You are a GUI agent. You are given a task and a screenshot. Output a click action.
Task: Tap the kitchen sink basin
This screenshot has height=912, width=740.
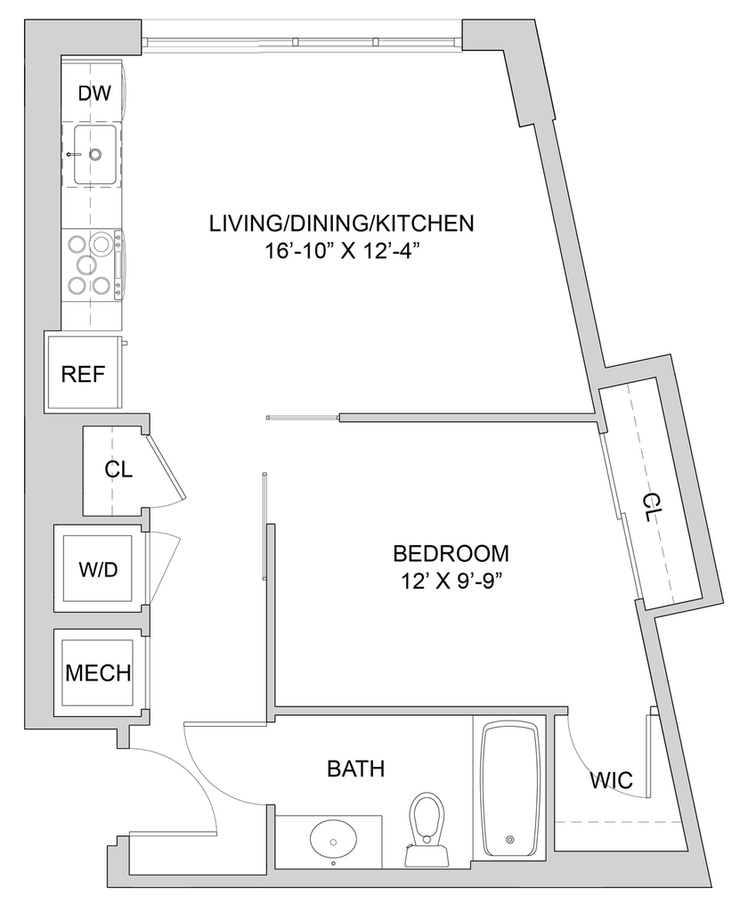94,154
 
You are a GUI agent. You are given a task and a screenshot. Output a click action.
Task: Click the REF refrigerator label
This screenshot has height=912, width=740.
82,373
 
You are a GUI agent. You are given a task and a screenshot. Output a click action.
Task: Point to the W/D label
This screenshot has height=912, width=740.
97,570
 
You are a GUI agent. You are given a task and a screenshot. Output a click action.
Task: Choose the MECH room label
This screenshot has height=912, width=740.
97,672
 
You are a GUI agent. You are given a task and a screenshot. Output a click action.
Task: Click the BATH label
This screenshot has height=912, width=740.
355,768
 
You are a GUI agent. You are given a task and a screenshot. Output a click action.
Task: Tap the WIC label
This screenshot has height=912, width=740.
611,782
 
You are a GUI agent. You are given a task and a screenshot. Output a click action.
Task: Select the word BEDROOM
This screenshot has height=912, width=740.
451,554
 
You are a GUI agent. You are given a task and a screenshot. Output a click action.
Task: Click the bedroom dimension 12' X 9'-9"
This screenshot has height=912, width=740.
451,581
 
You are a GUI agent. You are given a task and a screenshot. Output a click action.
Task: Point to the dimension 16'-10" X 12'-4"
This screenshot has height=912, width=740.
342,251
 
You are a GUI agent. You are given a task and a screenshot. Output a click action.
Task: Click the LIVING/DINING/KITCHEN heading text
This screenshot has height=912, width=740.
341,223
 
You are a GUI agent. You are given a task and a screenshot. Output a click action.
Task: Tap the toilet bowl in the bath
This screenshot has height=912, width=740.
427,815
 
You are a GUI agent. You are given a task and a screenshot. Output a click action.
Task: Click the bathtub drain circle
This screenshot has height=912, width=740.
510,839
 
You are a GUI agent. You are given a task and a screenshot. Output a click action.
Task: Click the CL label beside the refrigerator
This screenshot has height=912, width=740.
118,469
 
